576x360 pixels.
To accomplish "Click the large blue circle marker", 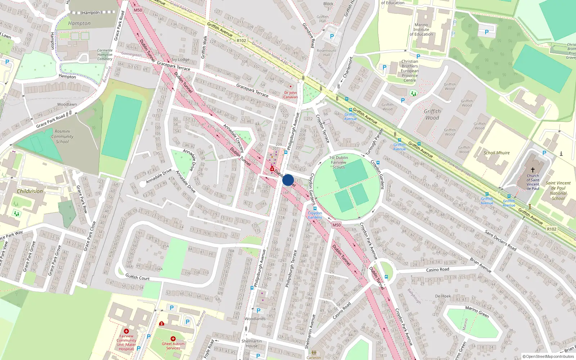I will click(288, 180).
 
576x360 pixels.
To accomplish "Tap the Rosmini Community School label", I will click(62, 136).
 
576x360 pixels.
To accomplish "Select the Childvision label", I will click(30, 191).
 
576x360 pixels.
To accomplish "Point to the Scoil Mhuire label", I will click(496, 153).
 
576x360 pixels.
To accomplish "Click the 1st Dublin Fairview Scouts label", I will click(338, 162).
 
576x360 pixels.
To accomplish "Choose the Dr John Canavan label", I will click(291, 95).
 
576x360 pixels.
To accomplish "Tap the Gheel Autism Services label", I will click(173, 346).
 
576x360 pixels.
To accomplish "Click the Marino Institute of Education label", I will click(421, 30).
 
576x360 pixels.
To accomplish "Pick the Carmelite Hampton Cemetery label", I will click(105, 55).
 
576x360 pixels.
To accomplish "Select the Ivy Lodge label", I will click(180, 59).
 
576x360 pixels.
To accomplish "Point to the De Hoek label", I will click(443, 296).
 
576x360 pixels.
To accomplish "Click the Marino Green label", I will click(477, 312).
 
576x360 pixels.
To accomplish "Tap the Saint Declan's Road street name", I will click(500, 240).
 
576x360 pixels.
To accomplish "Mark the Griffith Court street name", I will click(137, 277).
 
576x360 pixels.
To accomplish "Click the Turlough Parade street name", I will click(374, 142).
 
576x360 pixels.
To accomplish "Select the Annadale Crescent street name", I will click(234, 138).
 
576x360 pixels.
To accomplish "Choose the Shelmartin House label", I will click(252, 343).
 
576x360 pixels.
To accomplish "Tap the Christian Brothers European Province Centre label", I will click(410, 71).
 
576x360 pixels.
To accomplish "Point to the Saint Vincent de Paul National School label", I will click(558, 190).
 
